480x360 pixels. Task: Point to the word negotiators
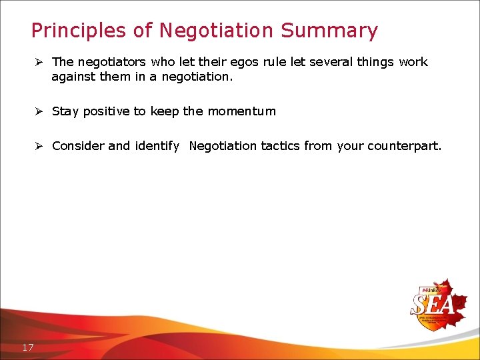coord(111,62)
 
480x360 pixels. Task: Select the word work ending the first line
coord(413,62)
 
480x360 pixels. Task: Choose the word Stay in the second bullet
coord(65,111)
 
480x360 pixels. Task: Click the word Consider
coord(78,146)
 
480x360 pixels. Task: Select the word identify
coord(157,146)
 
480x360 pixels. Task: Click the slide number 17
coord(28,347)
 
